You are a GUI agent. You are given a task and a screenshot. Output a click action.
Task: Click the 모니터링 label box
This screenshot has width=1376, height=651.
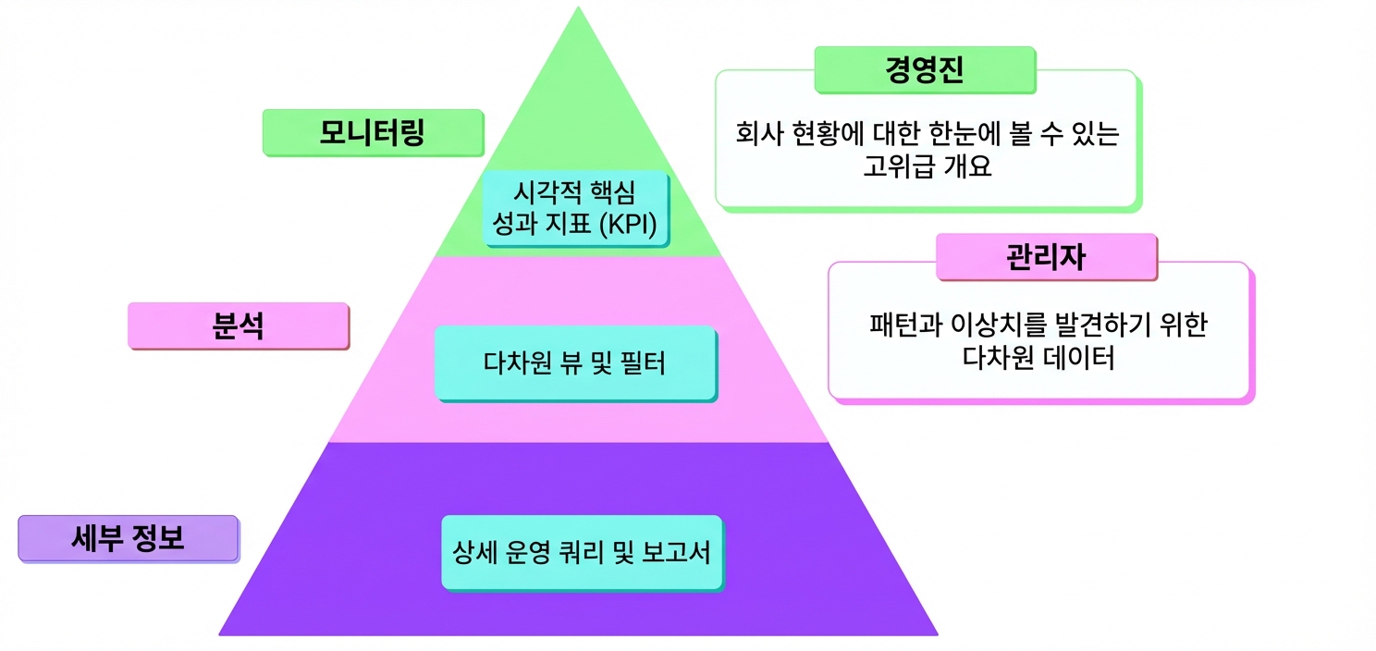tap(373, 132)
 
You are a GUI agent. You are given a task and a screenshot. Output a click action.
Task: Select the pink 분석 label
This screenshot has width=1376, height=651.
tap(239, 326)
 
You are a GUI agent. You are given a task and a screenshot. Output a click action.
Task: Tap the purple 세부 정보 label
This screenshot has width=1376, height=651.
tap(129, 538)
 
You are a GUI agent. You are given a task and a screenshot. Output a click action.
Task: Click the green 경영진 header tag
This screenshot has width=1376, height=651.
tap(925, 70)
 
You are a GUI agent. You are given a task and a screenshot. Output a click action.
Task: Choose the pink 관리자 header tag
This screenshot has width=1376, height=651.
tap(1047, 257)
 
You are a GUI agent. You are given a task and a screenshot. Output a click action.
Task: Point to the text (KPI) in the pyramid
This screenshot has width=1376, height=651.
tap(628, 224)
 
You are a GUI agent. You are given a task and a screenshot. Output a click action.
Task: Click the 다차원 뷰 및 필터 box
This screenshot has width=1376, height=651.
tap(575, 364)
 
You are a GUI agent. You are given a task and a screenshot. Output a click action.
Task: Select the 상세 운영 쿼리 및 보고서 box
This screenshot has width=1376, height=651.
tap(583, 553)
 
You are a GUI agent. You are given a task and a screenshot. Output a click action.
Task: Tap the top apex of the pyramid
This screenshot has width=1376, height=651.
tap(578, 7)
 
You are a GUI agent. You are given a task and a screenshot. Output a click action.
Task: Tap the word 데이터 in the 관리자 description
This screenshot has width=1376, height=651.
tap(1078, 358)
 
